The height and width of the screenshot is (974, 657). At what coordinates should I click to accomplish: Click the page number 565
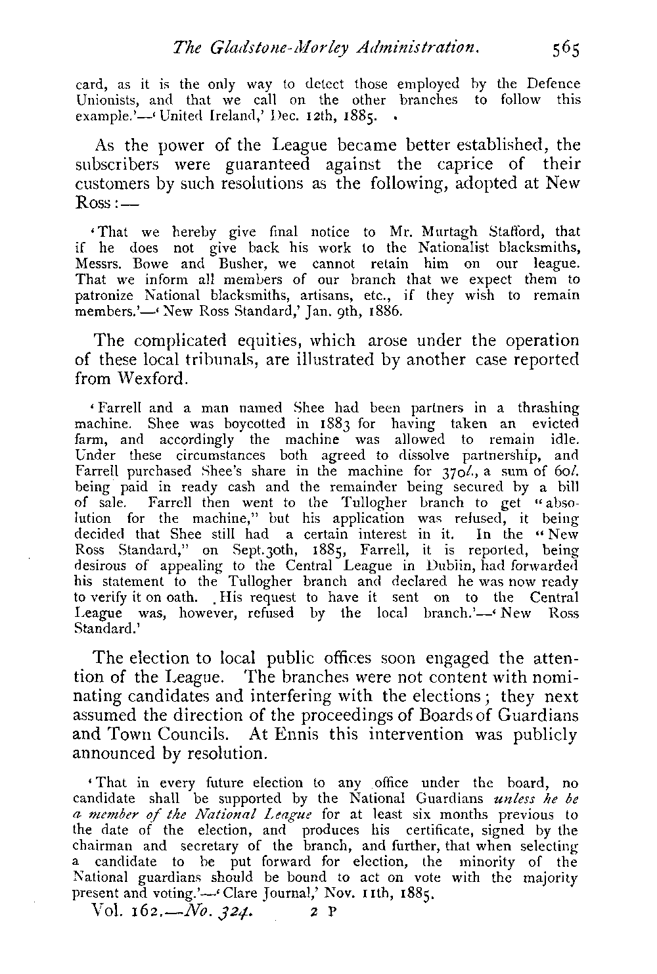tap(565, 49)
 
